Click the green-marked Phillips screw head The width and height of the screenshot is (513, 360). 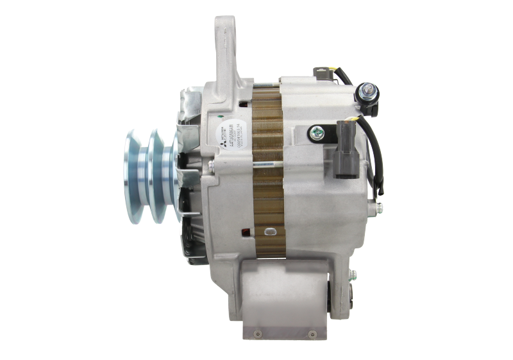317,133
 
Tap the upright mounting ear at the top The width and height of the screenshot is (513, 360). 224,58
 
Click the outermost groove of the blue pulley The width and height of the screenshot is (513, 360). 135,176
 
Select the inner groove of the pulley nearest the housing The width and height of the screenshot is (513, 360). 158,176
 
